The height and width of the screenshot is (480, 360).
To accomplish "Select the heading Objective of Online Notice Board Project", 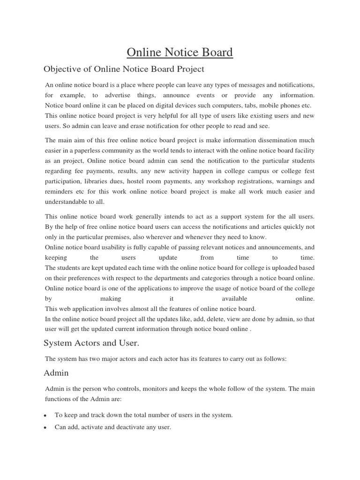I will (x=124, y=69).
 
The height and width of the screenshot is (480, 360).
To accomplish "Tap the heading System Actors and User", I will (x=91, y=343).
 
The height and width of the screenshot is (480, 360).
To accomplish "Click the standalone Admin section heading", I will (x=56, y=373).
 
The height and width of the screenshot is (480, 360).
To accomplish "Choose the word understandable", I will (x=68, y=202).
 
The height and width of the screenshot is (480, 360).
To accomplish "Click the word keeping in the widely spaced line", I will (x=56, y=257).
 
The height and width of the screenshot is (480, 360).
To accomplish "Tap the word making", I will (x=111, y=299).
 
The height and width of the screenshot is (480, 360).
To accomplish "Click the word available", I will (x=234, y=299).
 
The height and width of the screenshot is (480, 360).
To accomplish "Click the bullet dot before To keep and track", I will (x=45, y=416).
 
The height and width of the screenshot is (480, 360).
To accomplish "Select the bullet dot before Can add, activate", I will (x=45, y=428).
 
